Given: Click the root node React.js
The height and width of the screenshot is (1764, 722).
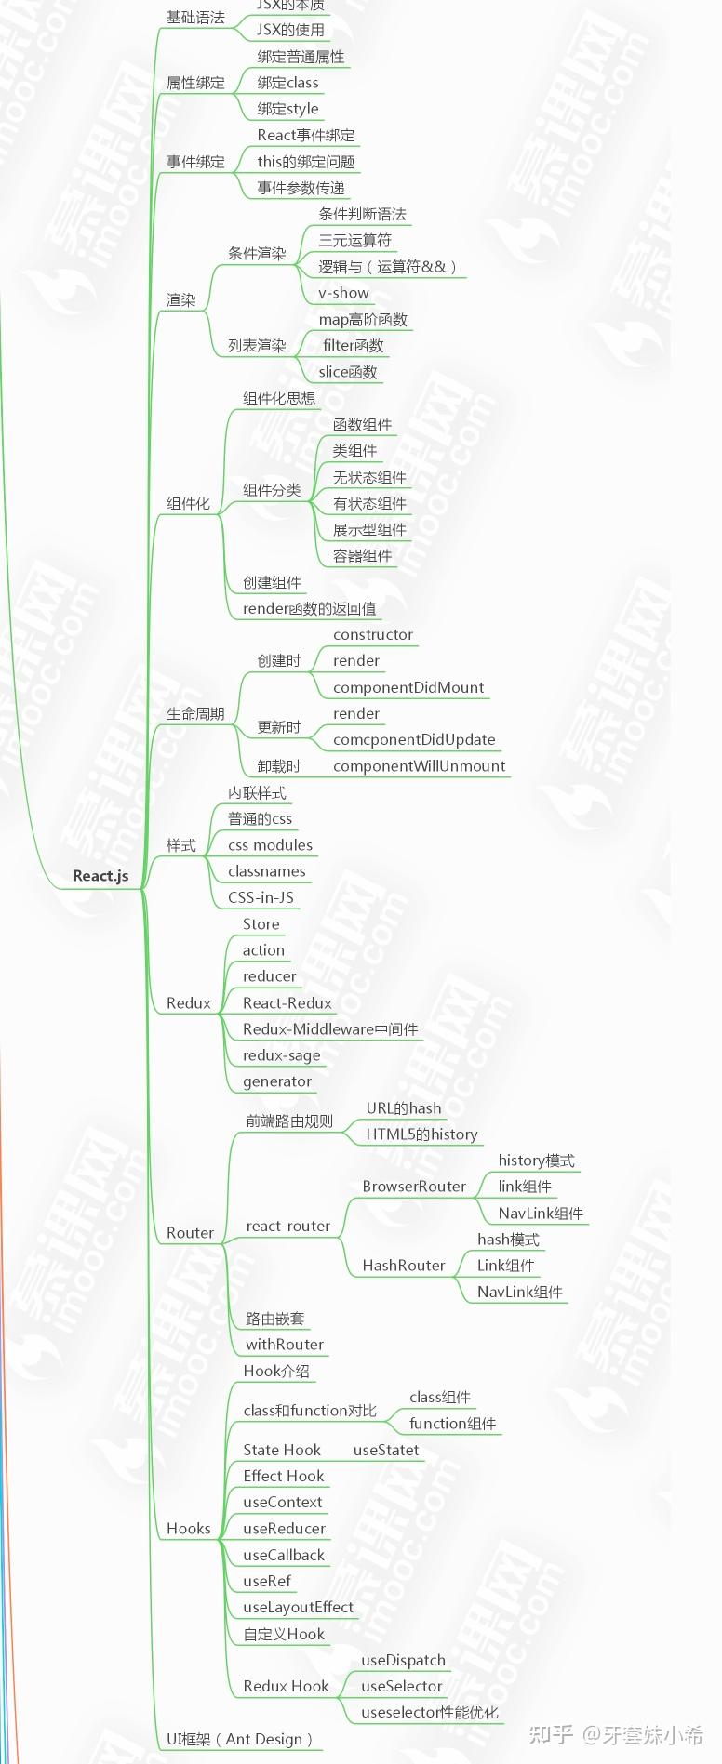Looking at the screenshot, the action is tap(100, 876).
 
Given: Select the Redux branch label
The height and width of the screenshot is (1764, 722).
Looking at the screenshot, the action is tap(189, 1003).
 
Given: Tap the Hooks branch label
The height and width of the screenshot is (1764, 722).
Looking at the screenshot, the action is tap(189, 1529).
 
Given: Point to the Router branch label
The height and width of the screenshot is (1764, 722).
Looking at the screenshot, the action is tap(190, 1233).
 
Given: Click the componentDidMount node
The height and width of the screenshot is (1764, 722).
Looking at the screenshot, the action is tap(408, 687).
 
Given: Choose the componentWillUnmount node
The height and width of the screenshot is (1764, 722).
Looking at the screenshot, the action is tap(419, 766).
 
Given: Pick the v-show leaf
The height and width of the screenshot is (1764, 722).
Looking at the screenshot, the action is tap(343, 293).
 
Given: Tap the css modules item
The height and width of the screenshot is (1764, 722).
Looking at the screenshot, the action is tap(270, 845).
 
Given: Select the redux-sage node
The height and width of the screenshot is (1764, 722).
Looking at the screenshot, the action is tap(281, 1055).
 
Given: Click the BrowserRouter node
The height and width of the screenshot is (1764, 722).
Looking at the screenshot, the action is tap(414, 1187).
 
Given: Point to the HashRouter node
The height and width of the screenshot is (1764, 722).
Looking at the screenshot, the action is tap(404, 1266).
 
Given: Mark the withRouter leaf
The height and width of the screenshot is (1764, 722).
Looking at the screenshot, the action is tap(285, 1345).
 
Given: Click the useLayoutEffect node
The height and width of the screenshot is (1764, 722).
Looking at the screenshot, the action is tap(298, 1607).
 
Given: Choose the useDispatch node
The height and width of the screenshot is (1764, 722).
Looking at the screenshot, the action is tap(403, 1660).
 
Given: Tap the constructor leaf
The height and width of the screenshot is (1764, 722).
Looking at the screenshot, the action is tap(373, 634).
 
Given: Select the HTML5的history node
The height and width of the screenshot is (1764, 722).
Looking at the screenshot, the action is tap(421, 1134).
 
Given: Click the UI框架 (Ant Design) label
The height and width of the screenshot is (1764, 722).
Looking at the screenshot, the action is tap(239, 1739).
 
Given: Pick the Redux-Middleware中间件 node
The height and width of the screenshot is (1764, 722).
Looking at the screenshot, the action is tap(330, 1029).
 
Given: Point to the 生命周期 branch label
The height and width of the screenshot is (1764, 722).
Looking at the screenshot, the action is tap(195, 714).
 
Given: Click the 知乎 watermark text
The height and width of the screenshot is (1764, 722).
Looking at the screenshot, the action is tap(551, 1734).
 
